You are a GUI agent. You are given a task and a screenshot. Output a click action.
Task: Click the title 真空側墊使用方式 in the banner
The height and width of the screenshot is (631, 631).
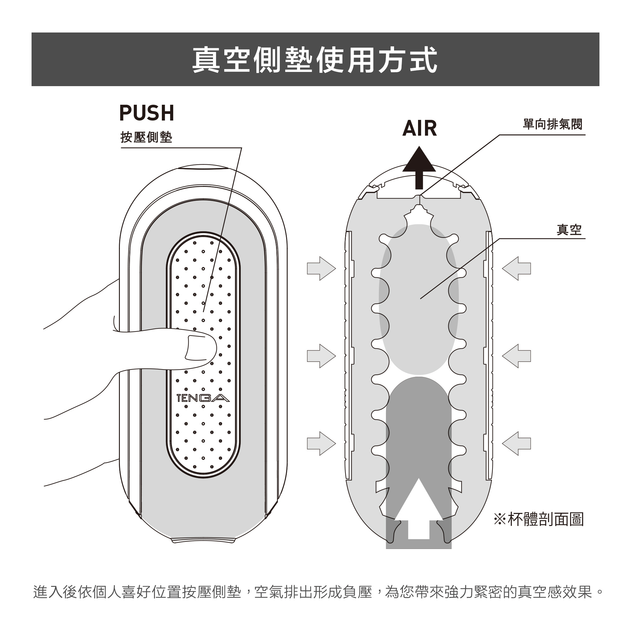[x=315, y=60]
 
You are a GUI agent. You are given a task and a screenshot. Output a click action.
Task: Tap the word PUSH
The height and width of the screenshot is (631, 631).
[x=147, y=113]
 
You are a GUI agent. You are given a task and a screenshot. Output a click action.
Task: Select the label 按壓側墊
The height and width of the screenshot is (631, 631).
[x=146, y=138]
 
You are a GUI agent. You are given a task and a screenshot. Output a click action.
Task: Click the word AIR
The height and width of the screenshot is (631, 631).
[x=419, y=128]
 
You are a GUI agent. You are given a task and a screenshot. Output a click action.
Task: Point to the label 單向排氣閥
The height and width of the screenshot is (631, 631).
[x=552, y=124]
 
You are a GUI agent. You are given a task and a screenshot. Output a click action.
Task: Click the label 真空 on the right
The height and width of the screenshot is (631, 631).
[x=569, y=230]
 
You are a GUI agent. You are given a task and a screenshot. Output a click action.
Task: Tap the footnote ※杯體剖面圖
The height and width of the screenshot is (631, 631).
[x=539, y=520]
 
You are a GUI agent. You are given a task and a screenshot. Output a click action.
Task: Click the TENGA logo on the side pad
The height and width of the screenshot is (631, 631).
[x=203, y=398]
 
